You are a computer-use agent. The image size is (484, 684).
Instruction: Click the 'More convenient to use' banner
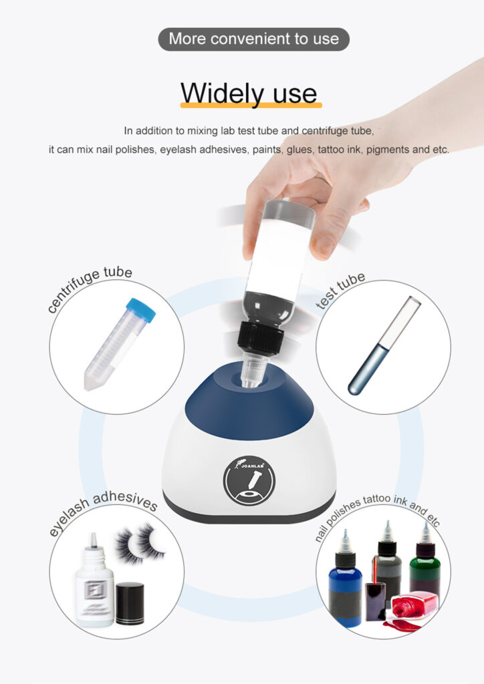pos(253,39)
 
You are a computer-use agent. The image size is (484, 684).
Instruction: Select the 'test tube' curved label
pos(341,291)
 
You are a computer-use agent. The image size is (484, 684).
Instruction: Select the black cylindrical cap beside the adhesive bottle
pos(130,603)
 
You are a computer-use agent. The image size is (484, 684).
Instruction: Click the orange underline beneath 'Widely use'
pos(251,105)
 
